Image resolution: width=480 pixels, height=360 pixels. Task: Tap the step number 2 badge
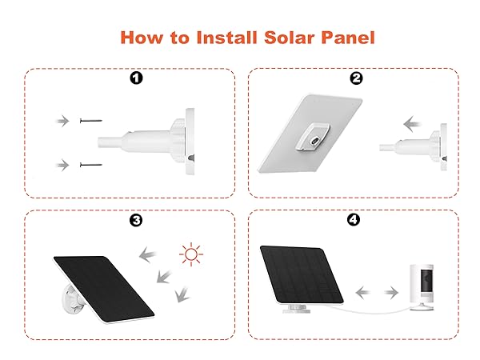coord(356,78)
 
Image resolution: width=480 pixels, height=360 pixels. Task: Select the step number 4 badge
coord(356,220)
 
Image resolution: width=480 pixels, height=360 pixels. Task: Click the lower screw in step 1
coord(90,165)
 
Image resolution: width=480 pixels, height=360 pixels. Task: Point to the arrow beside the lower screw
coord(62,165)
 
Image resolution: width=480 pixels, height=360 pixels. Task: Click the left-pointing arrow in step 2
coord(413,125)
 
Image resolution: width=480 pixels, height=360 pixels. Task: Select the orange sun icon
coord(190,256)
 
